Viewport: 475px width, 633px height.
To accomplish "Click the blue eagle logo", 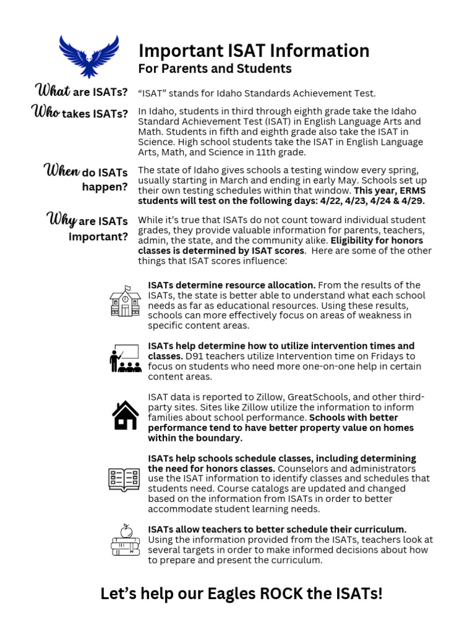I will pyautogui.click(x=88, y=56).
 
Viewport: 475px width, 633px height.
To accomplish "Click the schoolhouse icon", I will pyautogui.click(x=125, y=302).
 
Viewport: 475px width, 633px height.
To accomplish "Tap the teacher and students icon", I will pyautogui.click(x=125, y=358).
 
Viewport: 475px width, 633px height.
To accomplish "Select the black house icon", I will pyautogui.click(x=125, y=415).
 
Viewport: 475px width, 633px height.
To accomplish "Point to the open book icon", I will pyautogui.click(x=124, y=479).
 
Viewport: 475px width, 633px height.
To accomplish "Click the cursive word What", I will pyautogui.click(x=54, y=92).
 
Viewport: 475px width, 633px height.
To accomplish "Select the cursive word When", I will pyautogui.click(x=62, y=171).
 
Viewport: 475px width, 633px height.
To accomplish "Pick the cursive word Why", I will pyautogui.click(x=61, y=220).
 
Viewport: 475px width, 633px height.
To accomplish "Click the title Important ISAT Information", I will pyautogui.click(x=254, y=51).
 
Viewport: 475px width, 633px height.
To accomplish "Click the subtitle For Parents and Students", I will pyautogui.click(x=215, y=69).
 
